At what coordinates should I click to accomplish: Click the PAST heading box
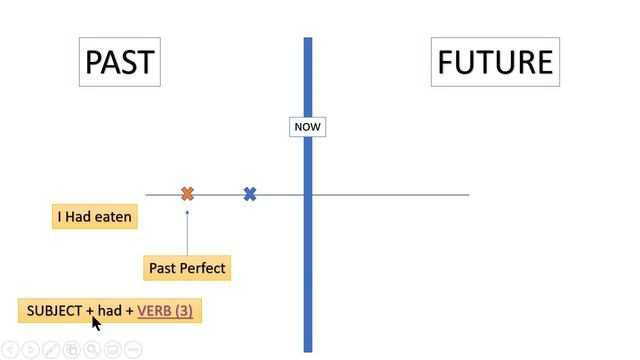119,62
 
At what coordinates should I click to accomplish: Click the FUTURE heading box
495,62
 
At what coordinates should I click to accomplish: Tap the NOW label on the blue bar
307,127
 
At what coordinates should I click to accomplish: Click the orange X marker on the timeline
187,194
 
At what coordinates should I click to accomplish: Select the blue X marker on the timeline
250,194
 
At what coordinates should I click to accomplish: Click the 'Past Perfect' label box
187,268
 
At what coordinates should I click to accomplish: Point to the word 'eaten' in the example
114,216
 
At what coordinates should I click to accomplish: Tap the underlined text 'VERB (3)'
165,311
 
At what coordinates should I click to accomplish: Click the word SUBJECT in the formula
54,311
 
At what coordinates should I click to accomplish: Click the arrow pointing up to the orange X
187,230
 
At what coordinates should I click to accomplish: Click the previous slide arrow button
10,350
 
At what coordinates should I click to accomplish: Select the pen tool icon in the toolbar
52,350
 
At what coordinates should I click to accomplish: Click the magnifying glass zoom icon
92,350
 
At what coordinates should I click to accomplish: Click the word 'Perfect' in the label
203,268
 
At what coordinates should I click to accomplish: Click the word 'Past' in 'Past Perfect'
163,268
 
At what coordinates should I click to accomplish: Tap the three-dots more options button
133,350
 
